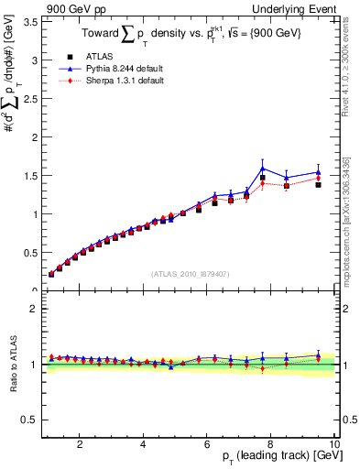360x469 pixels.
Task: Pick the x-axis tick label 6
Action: [207, 444]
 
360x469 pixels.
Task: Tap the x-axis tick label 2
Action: [81, 444]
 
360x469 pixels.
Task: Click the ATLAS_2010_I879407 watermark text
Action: [190, 273]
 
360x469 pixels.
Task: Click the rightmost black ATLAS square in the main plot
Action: [318, 185]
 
